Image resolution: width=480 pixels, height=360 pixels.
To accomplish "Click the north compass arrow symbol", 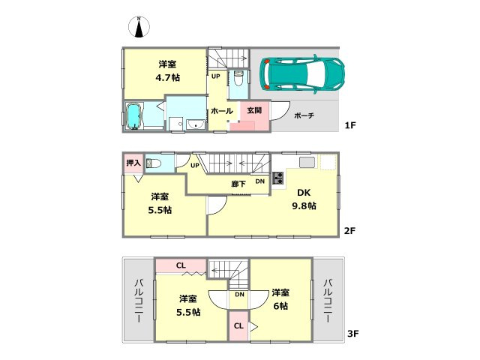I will point(139,28).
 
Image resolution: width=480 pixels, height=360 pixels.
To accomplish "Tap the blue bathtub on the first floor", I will point(135,117).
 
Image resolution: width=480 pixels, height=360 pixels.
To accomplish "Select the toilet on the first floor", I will point(238,79).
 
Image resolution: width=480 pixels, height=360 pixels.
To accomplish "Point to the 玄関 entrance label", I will point(254,110).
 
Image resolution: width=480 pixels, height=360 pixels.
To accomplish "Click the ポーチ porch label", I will point(304,115).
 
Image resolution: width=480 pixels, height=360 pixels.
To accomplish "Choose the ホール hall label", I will point(221,110).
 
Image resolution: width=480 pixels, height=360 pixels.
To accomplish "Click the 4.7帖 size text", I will point(167,77).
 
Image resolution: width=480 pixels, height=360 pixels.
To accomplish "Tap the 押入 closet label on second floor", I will point(132,162).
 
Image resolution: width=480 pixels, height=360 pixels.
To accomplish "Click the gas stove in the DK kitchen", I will point(277,178).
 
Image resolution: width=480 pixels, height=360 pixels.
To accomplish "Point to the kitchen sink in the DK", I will point(307,163).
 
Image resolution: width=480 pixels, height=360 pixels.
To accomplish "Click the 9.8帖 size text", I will point(304,206).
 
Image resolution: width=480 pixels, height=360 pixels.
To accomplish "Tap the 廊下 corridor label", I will point(238,182).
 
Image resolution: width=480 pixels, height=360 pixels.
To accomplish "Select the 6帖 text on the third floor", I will point(280,306).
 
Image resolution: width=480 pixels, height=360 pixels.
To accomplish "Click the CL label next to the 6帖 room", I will point(237,326).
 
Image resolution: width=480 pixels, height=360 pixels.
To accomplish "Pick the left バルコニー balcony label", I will point(139,300).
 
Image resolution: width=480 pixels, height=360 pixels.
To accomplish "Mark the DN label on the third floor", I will point(239,295).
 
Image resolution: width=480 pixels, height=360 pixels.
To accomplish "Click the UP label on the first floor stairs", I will point(215,76).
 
